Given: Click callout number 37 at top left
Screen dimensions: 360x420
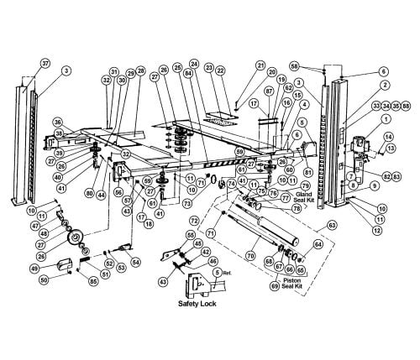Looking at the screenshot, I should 45,63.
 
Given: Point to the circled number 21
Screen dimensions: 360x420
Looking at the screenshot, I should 237,65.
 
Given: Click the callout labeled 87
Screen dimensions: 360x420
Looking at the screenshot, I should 269,90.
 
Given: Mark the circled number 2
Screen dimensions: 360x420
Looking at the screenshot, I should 382,84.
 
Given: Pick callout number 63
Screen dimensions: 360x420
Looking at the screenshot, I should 332,226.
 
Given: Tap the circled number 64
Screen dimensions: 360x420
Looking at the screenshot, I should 318,244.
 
